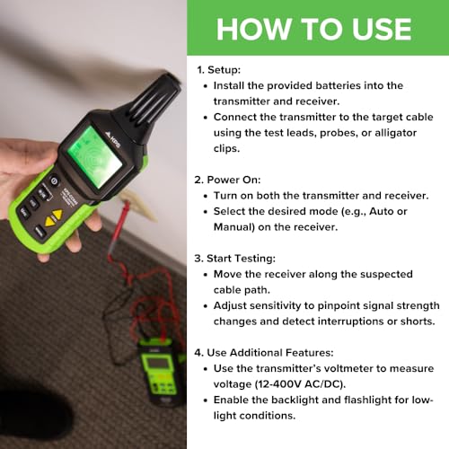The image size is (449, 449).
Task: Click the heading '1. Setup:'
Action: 218,68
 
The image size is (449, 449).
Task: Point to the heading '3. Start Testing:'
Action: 235,258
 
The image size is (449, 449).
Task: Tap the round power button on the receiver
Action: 54,180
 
